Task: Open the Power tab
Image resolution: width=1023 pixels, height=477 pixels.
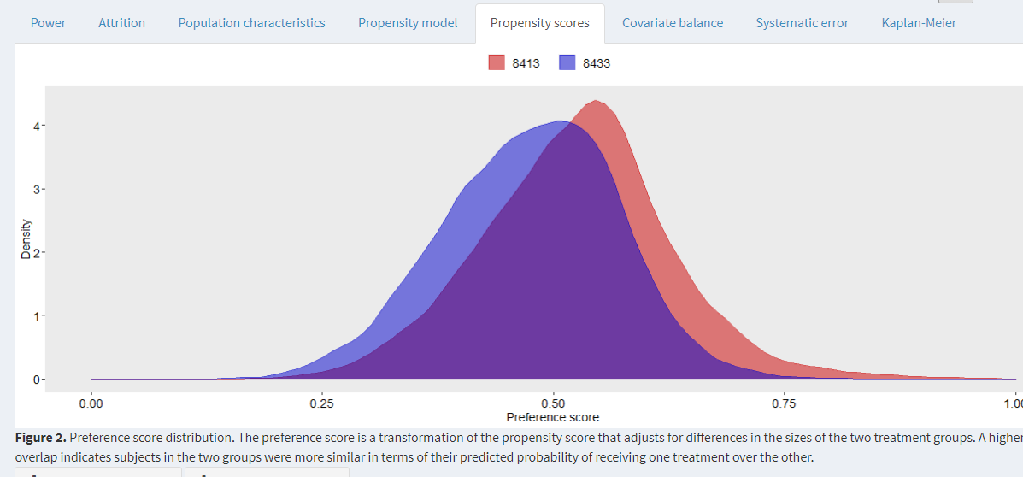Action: (48, 23)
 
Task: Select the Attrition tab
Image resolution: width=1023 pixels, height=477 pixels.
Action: (121, 23)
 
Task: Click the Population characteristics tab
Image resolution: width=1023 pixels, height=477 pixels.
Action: (251, 23)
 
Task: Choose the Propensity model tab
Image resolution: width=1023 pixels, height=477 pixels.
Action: (408, 23)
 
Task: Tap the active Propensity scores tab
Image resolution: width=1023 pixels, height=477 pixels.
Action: (539, 23)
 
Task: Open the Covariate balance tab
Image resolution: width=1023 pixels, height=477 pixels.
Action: (673, 23)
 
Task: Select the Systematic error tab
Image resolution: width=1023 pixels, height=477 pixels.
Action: (802, 23)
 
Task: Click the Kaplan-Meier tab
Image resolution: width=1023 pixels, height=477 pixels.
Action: (919, 23)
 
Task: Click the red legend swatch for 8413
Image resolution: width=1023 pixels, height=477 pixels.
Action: (497, 63)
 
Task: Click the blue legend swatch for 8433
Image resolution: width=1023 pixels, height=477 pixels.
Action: (568, 63)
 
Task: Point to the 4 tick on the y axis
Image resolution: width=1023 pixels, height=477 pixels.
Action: (38, 127)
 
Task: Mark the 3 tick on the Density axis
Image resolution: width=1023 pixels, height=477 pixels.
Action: (38, 190)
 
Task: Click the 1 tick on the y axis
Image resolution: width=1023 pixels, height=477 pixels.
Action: (38, 316)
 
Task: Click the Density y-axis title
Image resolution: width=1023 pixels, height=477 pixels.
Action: (26, 239)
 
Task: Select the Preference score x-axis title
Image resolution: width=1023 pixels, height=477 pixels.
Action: (552, 417)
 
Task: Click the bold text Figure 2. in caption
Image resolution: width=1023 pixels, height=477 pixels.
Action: (40, 438)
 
